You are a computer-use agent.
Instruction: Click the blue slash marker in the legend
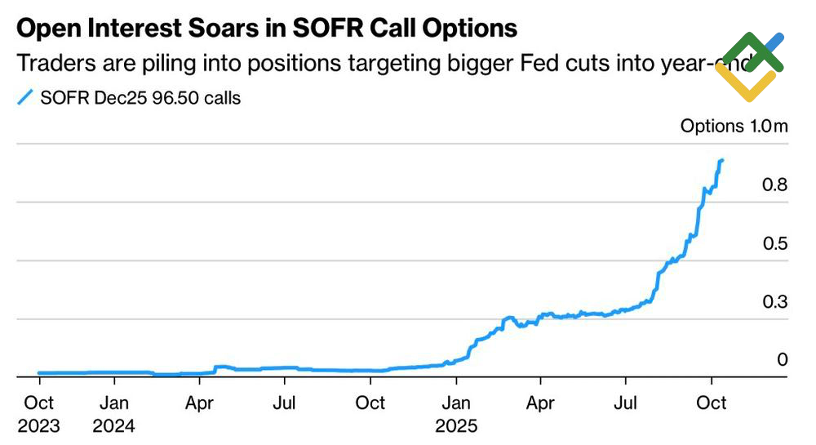coord(24,98)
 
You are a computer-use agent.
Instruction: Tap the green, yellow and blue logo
coord(749,67)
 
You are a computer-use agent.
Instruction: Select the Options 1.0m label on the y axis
coord(734,127)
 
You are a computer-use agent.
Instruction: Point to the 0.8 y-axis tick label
coord(774,185)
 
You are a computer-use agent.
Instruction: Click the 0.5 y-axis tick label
coord(774,244)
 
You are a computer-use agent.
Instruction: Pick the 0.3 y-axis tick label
coord(774,302)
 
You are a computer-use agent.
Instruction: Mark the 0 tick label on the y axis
coord(783,360)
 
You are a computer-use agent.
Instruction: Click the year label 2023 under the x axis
coord(38,425)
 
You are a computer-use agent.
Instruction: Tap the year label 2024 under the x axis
coord(115,425)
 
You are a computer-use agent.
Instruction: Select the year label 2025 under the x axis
coord(457,425)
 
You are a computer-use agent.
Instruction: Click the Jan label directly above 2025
coord(457,403)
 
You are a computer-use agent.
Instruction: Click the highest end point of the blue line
coord(722,160)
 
